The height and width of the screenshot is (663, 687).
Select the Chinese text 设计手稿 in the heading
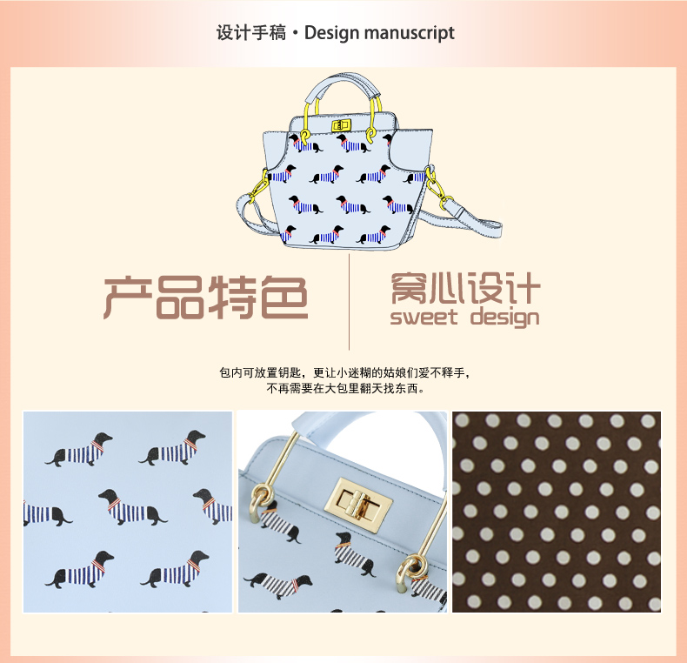coord(251,34)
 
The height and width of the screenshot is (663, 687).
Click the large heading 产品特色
coord(206,298)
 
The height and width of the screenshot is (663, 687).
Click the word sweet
coord(424,316)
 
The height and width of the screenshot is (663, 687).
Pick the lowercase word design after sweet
coord(504,317)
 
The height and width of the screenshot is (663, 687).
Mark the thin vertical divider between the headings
coord(350,300)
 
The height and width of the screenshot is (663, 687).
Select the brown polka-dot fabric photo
coord(557,512)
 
